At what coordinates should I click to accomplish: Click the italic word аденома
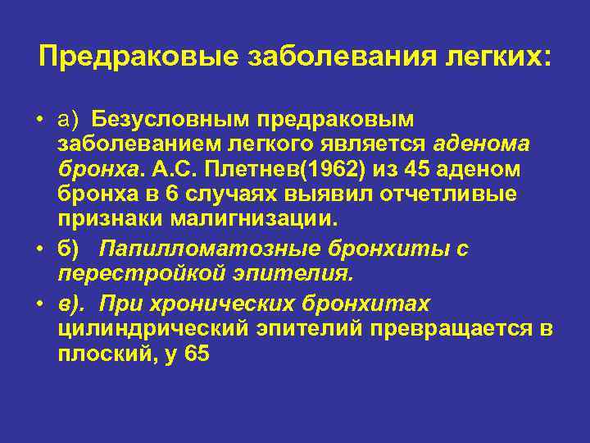pos(482,145)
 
